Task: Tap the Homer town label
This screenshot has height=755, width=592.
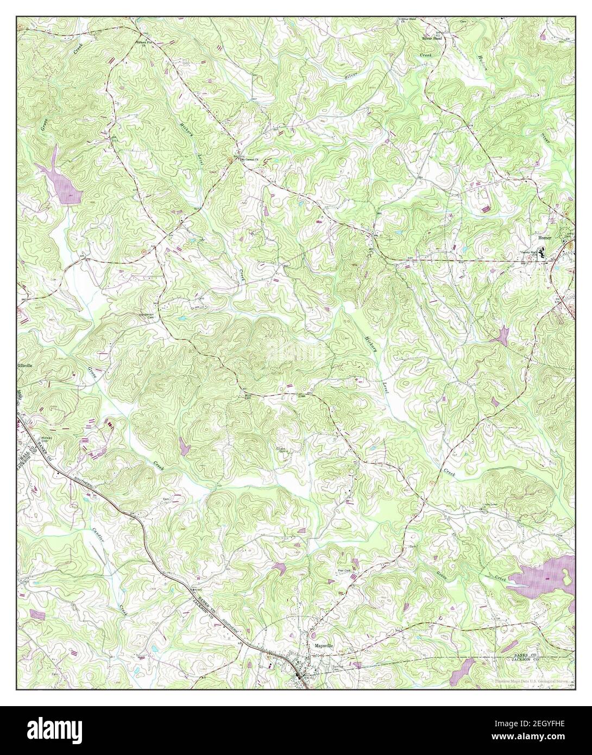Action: click(x=544, y=238)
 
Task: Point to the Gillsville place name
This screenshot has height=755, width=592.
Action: click(x=25, y=366)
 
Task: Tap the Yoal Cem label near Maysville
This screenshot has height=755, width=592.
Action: click(x=343, y=571)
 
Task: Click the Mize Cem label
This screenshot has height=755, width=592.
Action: click(x=248, y=395)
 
